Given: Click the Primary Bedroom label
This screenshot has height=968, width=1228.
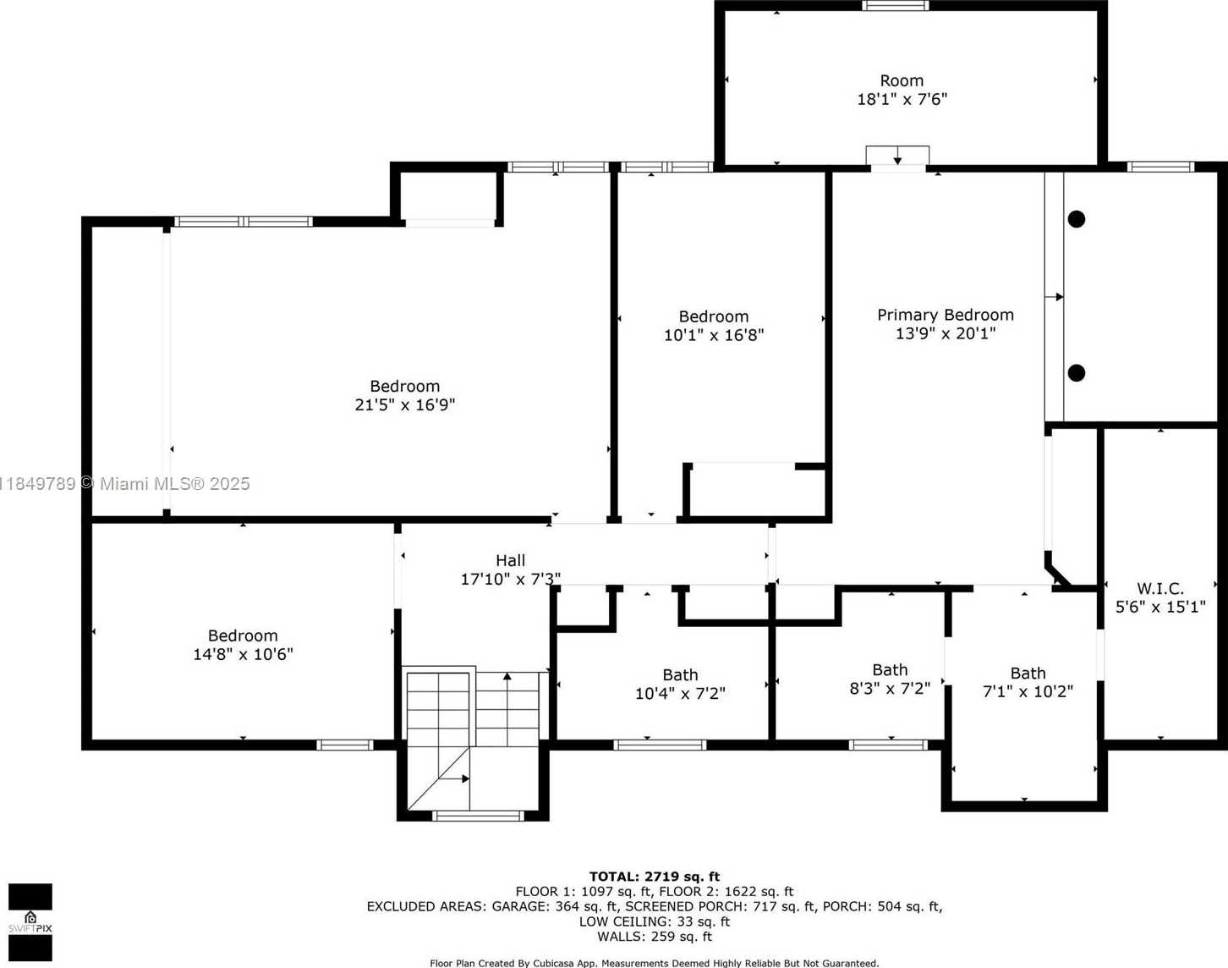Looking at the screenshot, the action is tap(945, 315).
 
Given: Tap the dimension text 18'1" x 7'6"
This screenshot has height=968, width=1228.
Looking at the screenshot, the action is tap(902, 99).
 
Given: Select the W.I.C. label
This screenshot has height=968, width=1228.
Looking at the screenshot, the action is tap(1160, 588).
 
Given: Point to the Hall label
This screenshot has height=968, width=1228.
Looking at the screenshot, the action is tap(510, 560).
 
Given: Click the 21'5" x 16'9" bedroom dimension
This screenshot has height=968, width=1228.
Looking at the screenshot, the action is tap(404, 405).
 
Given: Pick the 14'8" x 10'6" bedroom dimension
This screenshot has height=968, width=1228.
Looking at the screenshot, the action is tap(243, 654).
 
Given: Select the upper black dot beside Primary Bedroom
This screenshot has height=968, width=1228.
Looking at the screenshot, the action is tap(1077, 219).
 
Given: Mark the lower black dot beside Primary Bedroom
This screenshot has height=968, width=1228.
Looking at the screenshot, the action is tap(1077, 373).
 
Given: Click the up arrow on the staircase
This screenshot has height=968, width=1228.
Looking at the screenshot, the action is tap(507, 708).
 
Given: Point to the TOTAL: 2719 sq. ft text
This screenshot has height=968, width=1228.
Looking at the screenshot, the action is tap(654, 877).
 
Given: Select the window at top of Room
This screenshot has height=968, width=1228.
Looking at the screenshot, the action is tap(896, 6).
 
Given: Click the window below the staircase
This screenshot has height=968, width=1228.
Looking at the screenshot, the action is tap(478, 816).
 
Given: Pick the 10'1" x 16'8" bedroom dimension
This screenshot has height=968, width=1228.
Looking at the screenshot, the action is tap(713, 335).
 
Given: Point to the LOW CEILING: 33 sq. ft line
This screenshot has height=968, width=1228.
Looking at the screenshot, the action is tap(655, 921).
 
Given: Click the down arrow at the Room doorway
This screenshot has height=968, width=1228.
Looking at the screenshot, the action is tap(897, 156).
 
